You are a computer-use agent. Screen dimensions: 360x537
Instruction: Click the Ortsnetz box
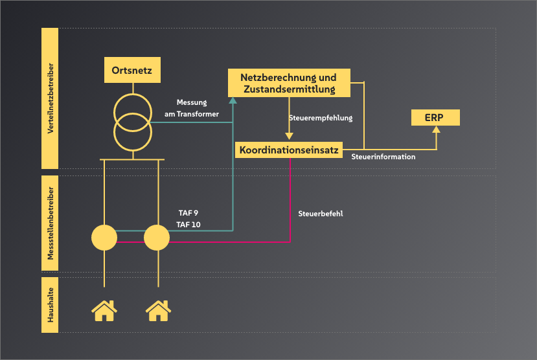pos(132,70)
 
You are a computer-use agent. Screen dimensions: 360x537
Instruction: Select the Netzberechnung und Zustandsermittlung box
pos(289,83)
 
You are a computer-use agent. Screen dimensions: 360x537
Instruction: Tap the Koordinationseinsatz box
pos(289,150)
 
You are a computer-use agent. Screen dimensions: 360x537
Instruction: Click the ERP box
pos(435,117)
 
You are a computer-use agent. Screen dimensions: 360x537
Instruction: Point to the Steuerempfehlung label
pos(321,118)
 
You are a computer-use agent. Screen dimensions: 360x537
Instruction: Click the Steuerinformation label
pos(383,157)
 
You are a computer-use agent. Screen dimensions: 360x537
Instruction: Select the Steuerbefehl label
pos(321,213)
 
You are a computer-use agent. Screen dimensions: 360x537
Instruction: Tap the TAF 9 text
pos(189,212)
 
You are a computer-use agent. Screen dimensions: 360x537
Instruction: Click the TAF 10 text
pos(189,224)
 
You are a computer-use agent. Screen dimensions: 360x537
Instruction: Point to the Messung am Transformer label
pos(198,108)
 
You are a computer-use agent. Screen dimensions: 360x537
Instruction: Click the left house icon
pos(104,310)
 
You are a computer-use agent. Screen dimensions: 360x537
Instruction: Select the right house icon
pos(157,310)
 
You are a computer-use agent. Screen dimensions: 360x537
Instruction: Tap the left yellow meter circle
pos(104,238)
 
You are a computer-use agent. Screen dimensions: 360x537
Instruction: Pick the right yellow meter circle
pos(157,238)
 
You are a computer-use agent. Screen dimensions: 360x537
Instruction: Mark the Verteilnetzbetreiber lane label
pos(50,98)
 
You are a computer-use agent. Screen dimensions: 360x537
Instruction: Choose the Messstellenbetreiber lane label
pos(50,223)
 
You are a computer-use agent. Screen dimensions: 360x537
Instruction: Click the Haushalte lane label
pos(50,305)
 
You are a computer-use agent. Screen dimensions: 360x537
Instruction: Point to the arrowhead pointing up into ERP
pos(436,129)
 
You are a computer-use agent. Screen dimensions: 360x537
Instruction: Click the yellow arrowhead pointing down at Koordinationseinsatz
pos(290,137)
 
